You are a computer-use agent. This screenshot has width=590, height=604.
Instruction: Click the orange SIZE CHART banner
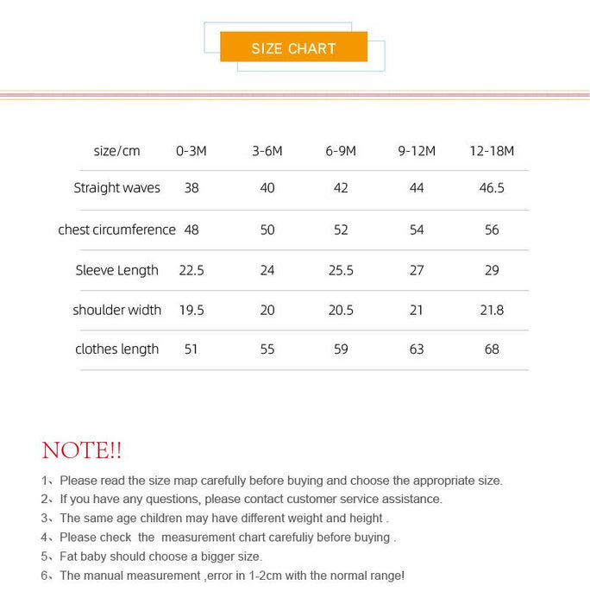pyautogui.click(x=293, y=47)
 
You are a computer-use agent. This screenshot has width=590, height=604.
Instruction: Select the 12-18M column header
pyautogui.click(x=492, y=151)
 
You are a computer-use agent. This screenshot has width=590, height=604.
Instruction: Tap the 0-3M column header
pyautogui.click(x=191, y=151)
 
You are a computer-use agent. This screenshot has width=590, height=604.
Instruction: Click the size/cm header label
pyautogui.click(x=116, y=151)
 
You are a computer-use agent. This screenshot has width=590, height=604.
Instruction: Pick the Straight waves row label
pyautogui.click(x=116, y=188)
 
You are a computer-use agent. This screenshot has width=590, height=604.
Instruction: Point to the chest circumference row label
pyautogui.click(x=116, y=230)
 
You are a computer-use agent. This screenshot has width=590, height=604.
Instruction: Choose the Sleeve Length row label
pyautogui.click(x=116, y=270)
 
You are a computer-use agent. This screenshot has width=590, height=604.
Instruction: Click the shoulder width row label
pyautogui.click(x=116, y=310)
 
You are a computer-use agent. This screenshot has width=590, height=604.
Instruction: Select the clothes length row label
pyautogui.click(x=116, y=349)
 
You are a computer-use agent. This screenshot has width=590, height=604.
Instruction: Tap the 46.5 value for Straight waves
pyautogui.click(x=492, y=188)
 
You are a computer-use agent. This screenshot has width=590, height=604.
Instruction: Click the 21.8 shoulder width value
pyautogui.click(x=492, y=310)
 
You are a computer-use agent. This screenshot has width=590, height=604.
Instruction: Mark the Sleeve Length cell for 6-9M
pyautogui.click(x=341, y=270)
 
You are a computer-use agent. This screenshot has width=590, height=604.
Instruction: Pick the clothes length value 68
pyautogui.click(x=492, y=349)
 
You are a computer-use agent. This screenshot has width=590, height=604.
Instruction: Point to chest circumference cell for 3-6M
pyautogui.click(x=267, y=230)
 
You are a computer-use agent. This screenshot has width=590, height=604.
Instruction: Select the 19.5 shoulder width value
pyautogui.click(x=191, y=310)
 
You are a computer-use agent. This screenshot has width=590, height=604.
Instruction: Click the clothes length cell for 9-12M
pyautogui.click(x=417, y=349)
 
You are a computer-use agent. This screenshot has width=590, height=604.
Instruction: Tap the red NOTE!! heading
pyautogui.click(x=82, y=450)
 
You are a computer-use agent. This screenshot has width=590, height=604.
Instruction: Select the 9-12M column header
pyautogui.click(x=417, y=151)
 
